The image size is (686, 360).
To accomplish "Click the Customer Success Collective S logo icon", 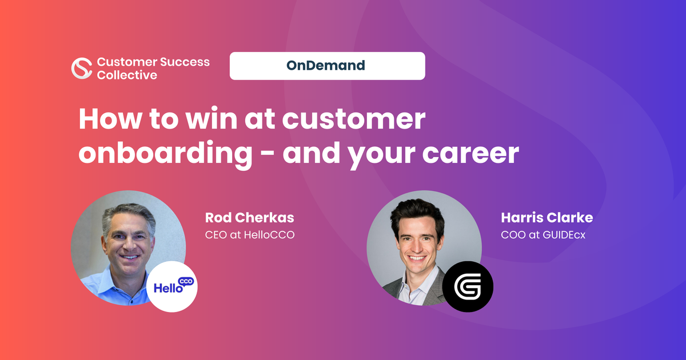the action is (x=81, y=68).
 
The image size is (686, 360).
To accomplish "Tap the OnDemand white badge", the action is (x=328, y=66).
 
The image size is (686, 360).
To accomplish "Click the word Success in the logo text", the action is (x=185, y=62).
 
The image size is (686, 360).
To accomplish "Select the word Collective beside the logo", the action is (x=127, y=75).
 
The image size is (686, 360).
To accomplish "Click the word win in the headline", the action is (x=212, y=119).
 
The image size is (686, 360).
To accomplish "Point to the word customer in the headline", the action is (x=354, y=119).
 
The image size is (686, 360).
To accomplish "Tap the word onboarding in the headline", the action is (x=165, y=154).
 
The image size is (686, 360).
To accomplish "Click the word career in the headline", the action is (x=470, y=154).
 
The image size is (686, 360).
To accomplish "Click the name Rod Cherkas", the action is (x=250, y=218).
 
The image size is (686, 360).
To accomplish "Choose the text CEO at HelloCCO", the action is (x=250, y=235).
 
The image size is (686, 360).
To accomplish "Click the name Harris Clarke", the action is (x=547, y=218).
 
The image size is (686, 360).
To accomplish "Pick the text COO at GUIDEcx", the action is (x=543, y=235).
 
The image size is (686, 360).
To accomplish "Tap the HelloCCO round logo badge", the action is (x=172, y=286).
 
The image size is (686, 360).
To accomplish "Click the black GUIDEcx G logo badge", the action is (x=468, y=286).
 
